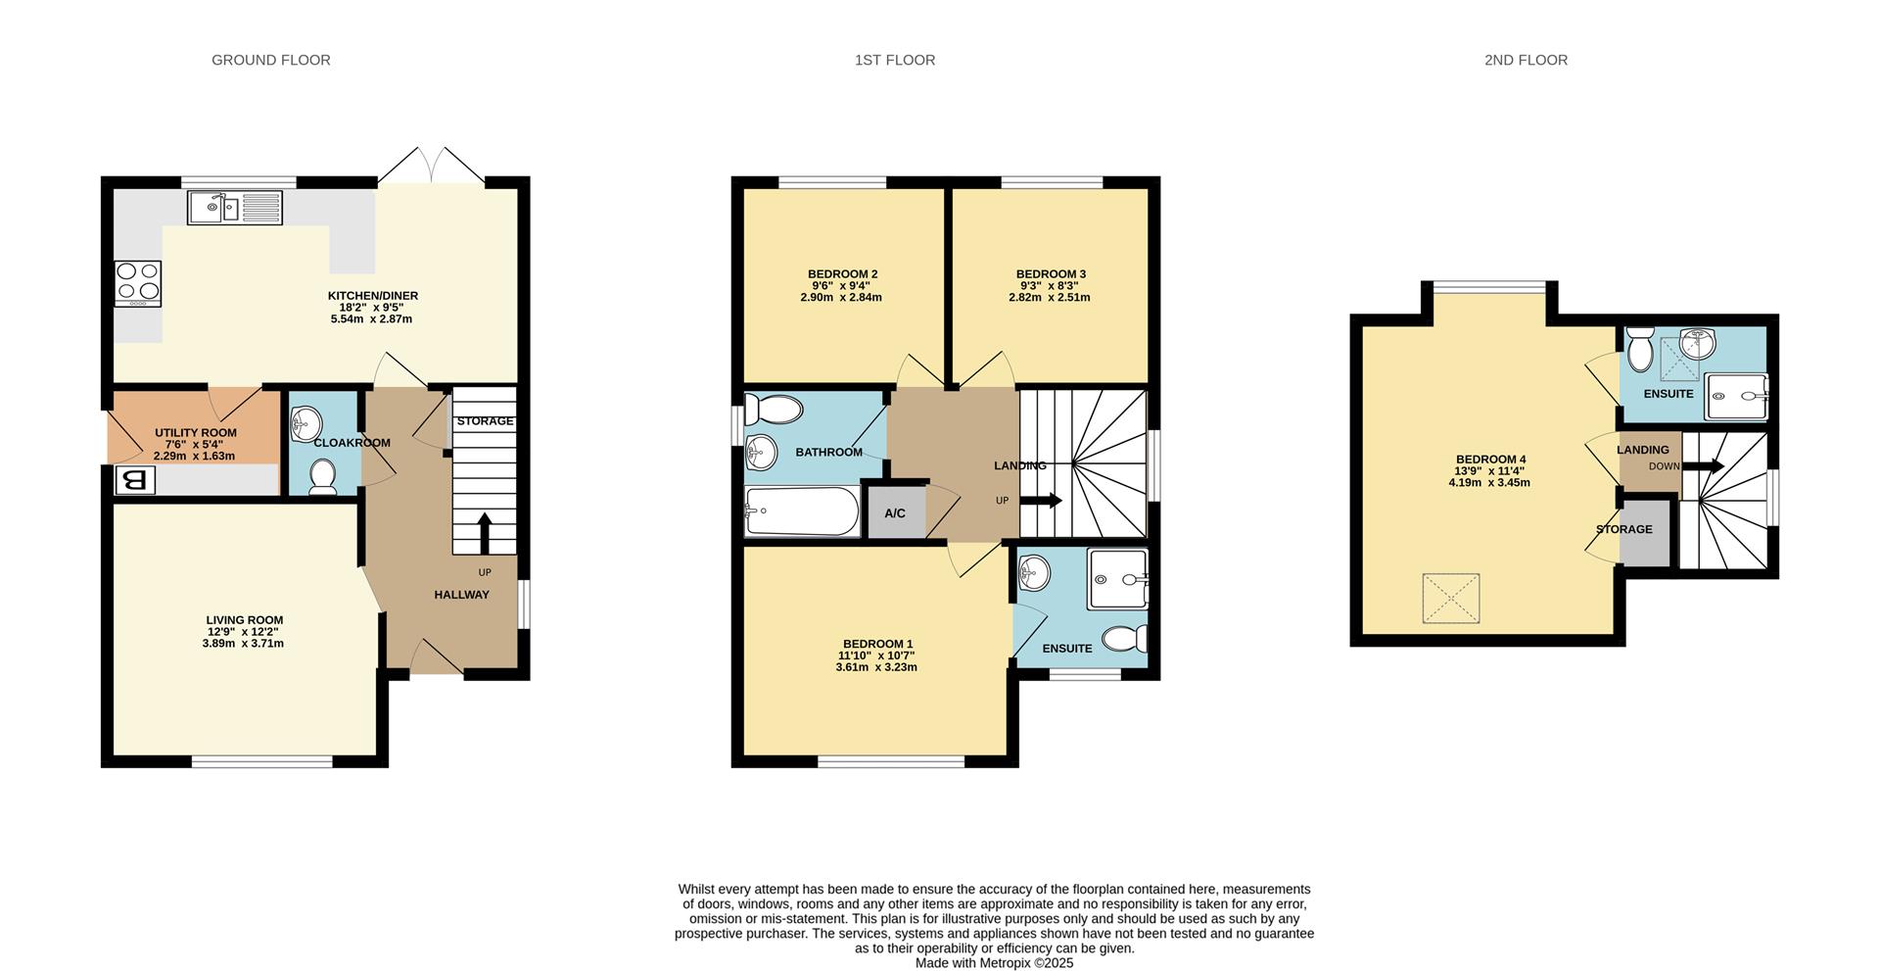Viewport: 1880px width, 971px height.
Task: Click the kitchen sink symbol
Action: click(235, 208)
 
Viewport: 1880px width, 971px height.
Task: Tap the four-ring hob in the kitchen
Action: click(138, 283)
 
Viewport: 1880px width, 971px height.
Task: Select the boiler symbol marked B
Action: click(136, 480)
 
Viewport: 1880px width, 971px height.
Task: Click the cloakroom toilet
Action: click(322, 478)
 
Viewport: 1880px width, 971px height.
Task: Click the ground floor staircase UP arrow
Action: click(485, 532)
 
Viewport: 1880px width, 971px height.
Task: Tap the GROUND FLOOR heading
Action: click(271, 60)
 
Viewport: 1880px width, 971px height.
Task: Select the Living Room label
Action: click(245, 619)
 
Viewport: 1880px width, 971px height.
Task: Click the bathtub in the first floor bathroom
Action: click(802, 511)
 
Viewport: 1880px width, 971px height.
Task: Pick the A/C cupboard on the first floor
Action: click(895, 512)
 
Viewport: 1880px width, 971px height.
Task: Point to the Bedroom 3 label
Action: click(1051, 274)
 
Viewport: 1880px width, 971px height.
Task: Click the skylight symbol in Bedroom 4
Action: click(1450, 598)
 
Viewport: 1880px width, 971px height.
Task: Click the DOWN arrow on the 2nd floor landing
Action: click(1704, 466)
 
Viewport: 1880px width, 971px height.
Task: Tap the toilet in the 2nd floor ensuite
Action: click(1640, 346)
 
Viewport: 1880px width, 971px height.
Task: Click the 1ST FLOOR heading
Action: click(895, 60)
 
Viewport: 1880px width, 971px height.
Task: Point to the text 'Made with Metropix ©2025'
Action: click(994, 963)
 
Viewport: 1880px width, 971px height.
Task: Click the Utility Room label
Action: click(196, 432)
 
